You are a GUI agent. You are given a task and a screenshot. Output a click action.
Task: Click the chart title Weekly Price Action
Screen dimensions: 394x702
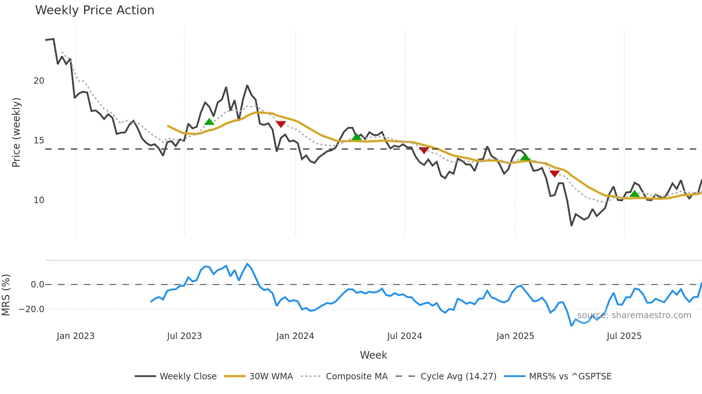[95, 10]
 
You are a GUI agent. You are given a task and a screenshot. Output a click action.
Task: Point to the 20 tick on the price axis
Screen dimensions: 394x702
[39, 81]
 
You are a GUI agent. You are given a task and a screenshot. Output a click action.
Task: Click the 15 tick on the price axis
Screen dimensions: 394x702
[39, 141]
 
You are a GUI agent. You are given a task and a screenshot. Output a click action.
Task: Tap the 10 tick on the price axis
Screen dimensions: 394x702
[39, 200]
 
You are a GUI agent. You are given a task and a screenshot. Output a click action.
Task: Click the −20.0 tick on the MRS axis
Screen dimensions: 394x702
[32, 309]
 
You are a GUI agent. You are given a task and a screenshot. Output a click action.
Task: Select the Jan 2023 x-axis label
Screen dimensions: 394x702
[76, 336]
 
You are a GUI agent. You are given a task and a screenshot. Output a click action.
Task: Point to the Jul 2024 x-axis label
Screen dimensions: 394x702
[404, 336]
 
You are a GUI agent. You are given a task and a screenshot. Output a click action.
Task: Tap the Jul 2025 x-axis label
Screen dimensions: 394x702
[624, 336]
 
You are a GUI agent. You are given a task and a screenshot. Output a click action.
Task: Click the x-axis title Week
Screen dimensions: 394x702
[373, 355]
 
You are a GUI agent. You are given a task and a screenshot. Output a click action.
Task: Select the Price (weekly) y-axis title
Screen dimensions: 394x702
[16, 132]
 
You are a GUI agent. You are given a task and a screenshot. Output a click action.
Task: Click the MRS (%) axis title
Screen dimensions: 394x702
[6, 295]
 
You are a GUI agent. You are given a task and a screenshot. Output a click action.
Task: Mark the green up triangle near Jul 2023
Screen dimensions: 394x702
[209, 122]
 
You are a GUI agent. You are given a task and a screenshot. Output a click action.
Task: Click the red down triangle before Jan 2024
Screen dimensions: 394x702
[281, 124]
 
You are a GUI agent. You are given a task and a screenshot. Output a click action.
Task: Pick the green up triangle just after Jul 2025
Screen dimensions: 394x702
[634, 194]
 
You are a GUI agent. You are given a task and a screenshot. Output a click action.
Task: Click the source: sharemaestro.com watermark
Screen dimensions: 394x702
[634, 315]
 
